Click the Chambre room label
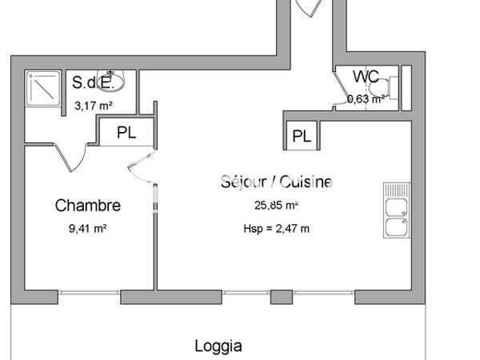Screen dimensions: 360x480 coord(88,206)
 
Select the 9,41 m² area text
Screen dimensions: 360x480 coord(88,227)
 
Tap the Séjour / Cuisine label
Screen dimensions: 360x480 coord(276,182)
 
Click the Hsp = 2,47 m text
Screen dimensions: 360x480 coord(276,228)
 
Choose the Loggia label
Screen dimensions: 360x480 coord(218,346)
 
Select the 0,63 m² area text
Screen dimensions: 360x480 coord(366,99)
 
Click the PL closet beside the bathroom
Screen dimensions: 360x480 coord(126,133)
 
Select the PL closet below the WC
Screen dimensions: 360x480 coord(302,136)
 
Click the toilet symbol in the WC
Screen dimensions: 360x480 coord(390,89)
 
